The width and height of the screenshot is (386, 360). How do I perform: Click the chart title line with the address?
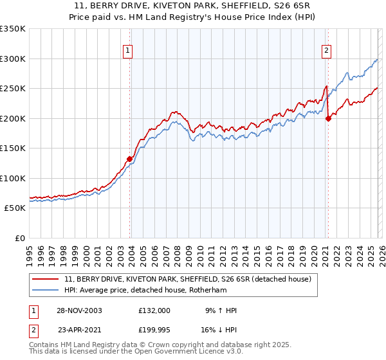pyautogui.click(x=193, y=7)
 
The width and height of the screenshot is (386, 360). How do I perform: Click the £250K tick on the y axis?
pyautogui.click(x=13, y=89)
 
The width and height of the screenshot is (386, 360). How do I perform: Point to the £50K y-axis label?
pyautogui.click(x=15, y=208)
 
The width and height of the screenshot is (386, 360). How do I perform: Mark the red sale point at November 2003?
pyautogui.click(x=130, y=159)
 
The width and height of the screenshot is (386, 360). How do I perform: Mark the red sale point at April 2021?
pyautogui.click(x=328, y=118)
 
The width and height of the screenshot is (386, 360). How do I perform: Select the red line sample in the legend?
pyautogui.click(x=46, y=279)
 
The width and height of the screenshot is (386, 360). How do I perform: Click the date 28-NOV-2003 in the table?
pyautogui.click(x=79, y=310)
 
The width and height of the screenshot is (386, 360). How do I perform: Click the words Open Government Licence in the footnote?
pyautogui.click(x=187, y=353)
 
